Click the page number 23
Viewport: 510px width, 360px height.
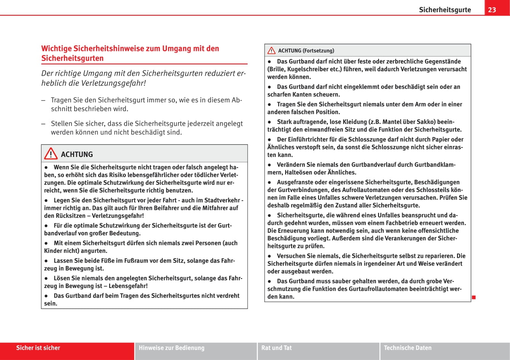coord(492,10)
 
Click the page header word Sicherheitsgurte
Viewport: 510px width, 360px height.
coord(445,10)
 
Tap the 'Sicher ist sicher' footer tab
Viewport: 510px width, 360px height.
coord(38,348)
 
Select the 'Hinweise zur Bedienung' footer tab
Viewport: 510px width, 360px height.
coord(171,348)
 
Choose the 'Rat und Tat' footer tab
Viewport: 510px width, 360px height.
coord(277,348)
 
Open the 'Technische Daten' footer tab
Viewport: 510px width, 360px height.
coord(408,348)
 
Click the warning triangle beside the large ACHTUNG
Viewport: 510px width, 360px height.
coord(51,154)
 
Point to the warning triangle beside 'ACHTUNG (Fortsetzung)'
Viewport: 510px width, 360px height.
coord(271,51)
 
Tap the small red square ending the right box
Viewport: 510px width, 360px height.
coord(474,297)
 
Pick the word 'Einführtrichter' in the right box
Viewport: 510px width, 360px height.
coord(306,139)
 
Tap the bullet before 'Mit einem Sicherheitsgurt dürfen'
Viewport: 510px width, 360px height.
coord(46,243)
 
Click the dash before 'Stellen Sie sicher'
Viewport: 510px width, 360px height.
coord(43,124)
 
